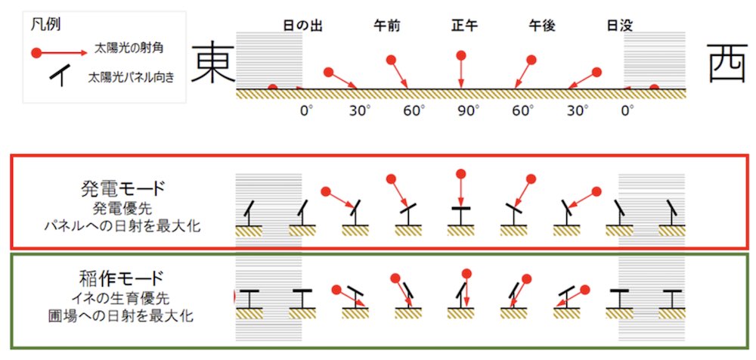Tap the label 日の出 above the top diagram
click(303, 26)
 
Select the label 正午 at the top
click(462, 26)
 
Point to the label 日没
click(619, 26)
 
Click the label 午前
click(387, 26)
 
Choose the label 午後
click(542, 26)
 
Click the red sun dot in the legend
click(36, 53)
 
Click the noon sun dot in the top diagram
click(461, 55)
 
